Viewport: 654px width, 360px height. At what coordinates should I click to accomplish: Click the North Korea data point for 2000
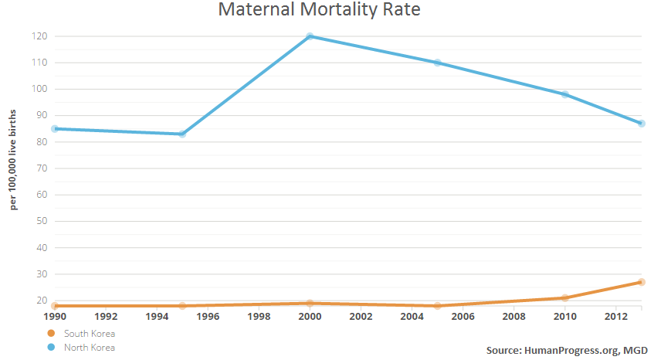pyautogui.click(x=310, y=36)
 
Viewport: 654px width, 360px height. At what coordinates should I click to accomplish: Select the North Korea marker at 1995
pyautogui.click(x=182, y=134)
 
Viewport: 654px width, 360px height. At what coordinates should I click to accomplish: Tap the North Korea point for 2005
pyautogui.click(x=437, y=63)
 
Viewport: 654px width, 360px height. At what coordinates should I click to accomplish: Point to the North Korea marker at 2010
pyautogui.click(x=564, y=94)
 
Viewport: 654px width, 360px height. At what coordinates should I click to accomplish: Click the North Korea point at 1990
pyautogui.click(x=55, y=129)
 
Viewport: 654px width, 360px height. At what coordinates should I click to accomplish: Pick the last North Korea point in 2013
pyautogui.click(x=642, y=124)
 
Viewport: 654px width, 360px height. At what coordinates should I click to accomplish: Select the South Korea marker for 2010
pyautogui.click(x=564, y=297)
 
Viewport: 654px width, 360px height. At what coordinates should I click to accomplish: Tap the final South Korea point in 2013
pyautogui.click(x=642, y=282)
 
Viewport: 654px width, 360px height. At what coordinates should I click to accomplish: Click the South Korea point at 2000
pyautogui.click(x=310, y=303)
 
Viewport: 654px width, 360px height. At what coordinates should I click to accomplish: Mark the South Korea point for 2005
pyautogui.click(x=437, y=306)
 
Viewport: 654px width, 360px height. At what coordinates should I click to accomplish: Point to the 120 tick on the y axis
pyautogui.click(x=40, y=36)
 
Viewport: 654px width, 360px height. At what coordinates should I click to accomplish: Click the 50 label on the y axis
pyautogui.click(x=42, y=221)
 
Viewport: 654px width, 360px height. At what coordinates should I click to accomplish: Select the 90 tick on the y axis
pyautogui.click(x=42, y=116)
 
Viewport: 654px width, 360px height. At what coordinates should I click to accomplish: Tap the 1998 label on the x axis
pyautogui.click(x=259, y=317)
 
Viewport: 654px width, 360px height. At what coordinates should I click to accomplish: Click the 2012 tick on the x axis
pyautogui.click(x=615, y=317)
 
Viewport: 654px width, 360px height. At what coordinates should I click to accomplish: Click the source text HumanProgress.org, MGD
pyautogui.click(x=567, y=351)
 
